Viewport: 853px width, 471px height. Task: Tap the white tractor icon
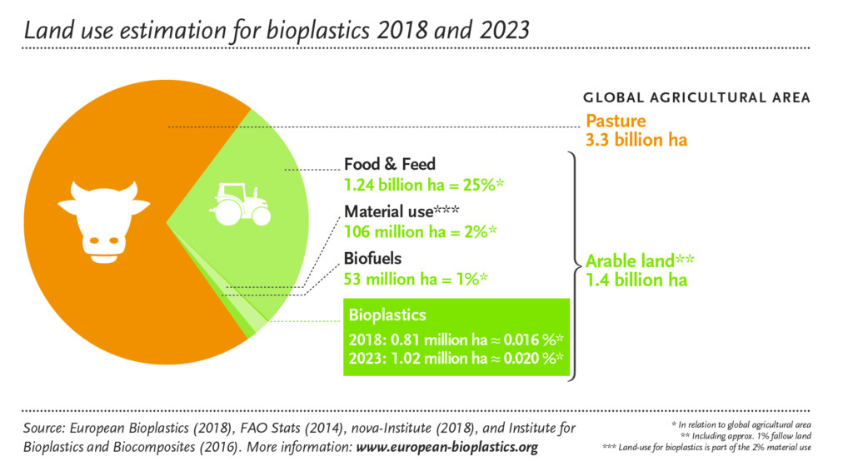tap(241, 204)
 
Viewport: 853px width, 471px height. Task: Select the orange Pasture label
tap(616, 121)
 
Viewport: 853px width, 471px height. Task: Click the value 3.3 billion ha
tap(636, 140)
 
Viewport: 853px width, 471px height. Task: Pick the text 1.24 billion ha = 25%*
tap(423, 183)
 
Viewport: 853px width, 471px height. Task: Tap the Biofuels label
tap(373, 259)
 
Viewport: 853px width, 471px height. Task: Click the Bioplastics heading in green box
tap(387, 315)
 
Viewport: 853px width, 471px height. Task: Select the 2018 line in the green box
tap(456, 340)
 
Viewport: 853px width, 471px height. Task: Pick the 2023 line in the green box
tap(456, 358)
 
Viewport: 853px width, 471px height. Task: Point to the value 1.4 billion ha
tap(636, 280)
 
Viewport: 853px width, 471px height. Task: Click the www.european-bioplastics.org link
tap(447, 448)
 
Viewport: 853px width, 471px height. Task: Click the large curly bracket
tap(573, 265)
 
